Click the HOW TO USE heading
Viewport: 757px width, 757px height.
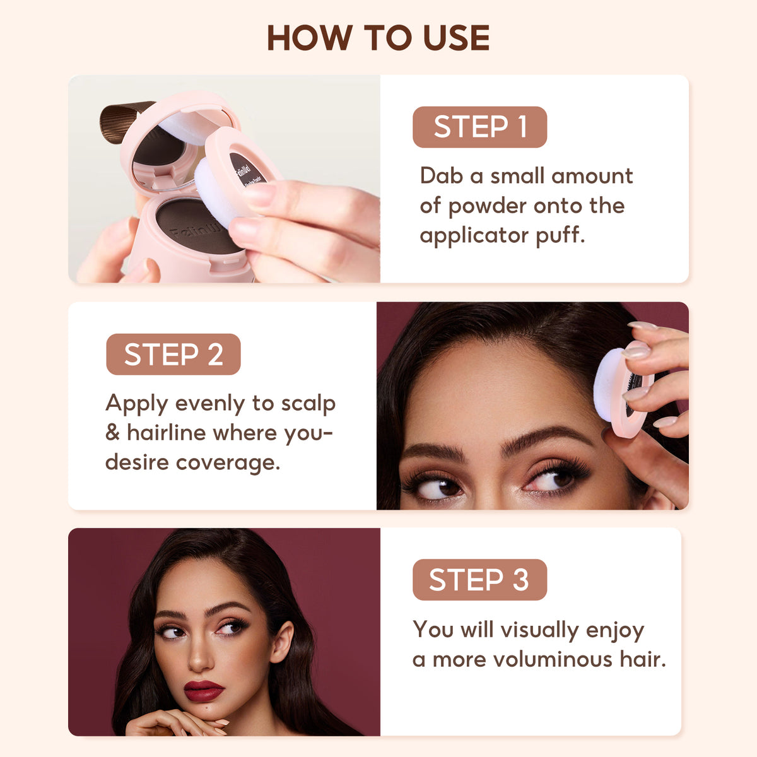[x=378, y=38]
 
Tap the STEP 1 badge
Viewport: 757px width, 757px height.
[x=479, y=127]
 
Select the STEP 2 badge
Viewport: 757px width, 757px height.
[x=173, y=355]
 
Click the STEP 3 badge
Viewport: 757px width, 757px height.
[x=479, y=580]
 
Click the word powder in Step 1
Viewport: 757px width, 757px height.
[x=488, y=206]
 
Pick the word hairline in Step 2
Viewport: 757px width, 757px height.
[x=167, y=433]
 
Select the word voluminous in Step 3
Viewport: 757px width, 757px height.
[x=553, y=660]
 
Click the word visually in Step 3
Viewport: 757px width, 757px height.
[x=539, y=630]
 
